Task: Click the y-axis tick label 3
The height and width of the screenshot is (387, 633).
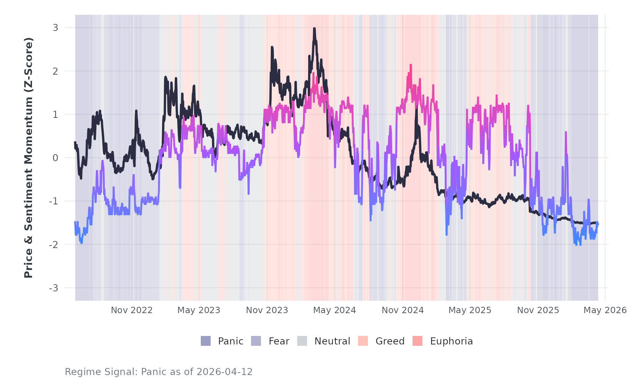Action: [x=55, y=28]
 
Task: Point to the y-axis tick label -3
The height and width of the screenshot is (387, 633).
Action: [x=53, y=288]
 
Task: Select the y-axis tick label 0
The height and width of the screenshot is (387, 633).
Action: [x=55, y=158]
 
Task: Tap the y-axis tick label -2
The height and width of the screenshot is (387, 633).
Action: [x=53, y=245]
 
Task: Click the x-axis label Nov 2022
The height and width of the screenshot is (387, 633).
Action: [x=132, y=310]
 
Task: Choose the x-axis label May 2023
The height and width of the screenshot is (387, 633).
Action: [x=199, y=310]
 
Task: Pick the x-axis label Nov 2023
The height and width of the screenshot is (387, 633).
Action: [x=267, y=310]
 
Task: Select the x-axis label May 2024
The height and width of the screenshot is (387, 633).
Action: [x=334, y=310]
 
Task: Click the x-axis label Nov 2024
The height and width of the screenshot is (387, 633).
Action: [x=403, y=310]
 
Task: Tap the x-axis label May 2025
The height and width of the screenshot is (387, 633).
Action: [x=470, y=310]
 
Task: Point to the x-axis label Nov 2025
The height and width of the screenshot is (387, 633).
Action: [x=538, y=310]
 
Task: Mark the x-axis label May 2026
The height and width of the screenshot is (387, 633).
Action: [x=605, y=310]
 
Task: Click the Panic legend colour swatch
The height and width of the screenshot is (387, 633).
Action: [x=206, y=341]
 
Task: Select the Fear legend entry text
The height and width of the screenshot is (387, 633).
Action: [x=279, y=341]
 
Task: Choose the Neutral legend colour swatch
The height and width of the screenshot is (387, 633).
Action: [x=302, y=341]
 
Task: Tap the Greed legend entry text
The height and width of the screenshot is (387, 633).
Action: [x=390, y=341]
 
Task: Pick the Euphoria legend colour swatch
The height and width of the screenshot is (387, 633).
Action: [x=417, y=341]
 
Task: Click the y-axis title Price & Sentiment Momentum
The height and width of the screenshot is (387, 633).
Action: [x=28, y=158]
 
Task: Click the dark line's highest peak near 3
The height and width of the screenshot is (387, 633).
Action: [x=314, y=28]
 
